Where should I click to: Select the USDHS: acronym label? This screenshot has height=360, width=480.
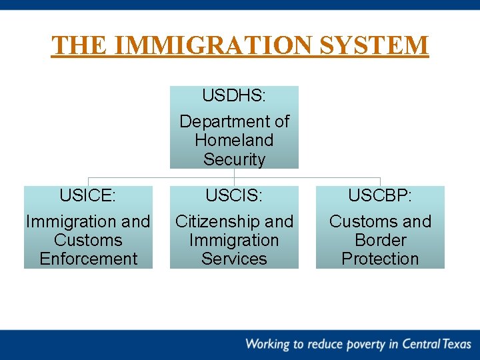(234, 96)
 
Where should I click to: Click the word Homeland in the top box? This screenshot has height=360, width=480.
(234, 140)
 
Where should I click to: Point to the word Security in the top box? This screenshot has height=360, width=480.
(234, 159)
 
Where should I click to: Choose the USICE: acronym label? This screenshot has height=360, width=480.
(88, 195)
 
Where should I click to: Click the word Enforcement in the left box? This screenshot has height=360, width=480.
(88, 259)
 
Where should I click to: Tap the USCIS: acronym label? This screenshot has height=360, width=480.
(234, 195)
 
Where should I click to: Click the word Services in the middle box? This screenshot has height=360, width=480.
(234, 259)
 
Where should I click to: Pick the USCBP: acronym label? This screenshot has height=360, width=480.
(380, 195)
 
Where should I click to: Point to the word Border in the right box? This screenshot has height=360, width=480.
(380, 240)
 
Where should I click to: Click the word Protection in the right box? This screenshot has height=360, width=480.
(380, 259)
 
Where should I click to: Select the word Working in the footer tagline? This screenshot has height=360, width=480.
(267, 345)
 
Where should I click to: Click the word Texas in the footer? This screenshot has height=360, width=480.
(457, 344)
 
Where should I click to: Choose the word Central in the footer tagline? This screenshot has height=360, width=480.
(419, 344)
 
